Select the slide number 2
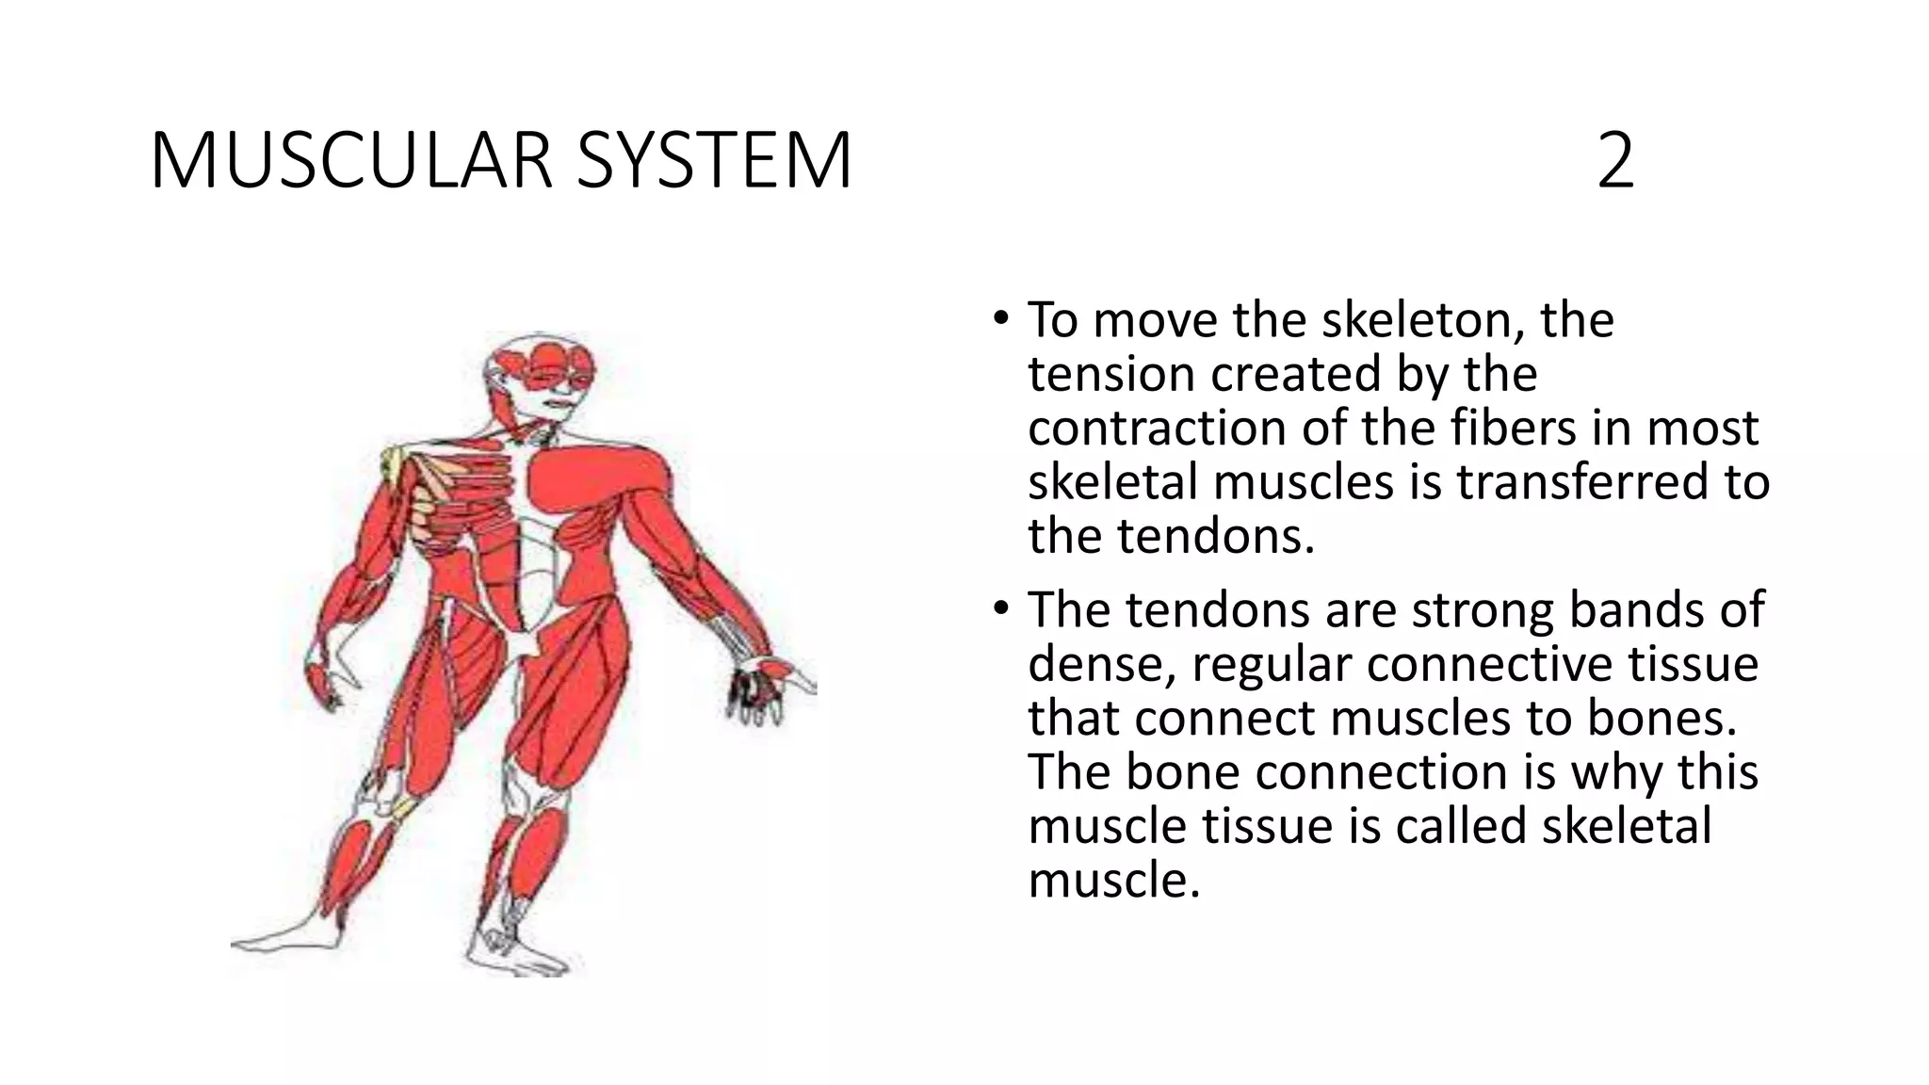(1615, 161)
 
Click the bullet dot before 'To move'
(1000, 317)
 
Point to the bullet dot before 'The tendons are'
(1000, 607)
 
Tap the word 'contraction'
(1157, 429)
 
